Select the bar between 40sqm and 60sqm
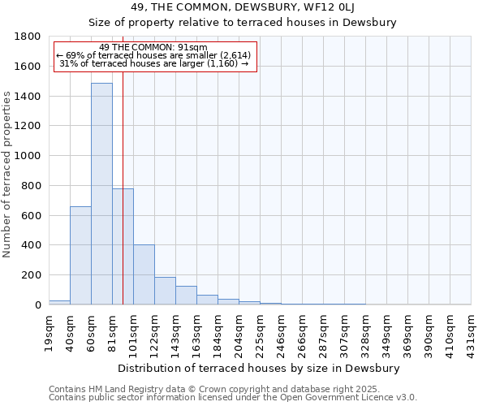(x=80, y=255)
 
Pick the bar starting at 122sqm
(x=165, y=291)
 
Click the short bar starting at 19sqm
(x=59, y=302)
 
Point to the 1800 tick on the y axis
(x=28, y=37)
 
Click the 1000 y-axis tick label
(x=28, y=156)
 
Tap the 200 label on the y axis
(x=32, y=275)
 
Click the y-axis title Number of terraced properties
(x=8, y=175)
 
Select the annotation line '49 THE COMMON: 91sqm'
(x=154, y=47)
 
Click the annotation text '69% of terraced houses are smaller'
(x=154, y=55)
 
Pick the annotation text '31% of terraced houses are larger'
(x=154, y=63)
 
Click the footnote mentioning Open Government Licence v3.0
(x=233, y=398)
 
